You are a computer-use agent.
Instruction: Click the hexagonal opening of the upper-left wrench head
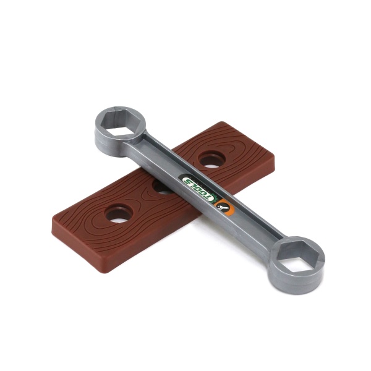(x=119, y=122)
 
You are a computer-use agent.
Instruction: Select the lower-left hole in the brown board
(x=119, y=213)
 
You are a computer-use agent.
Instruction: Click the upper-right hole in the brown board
(x=211, y=159)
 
